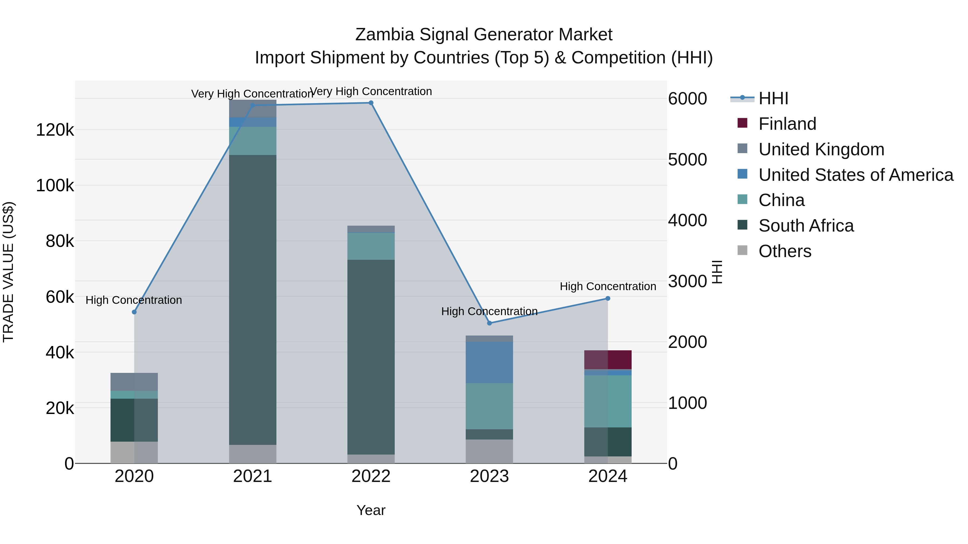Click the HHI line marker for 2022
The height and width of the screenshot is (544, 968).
point(371,103)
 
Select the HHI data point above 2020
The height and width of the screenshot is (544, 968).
point(134,312)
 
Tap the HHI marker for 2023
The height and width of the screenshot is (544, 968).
point(489,323)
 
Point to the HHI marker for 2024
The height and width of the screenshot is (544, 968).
point(608,298)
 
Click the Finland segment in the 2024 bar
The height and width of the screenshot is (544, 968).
point(608,360)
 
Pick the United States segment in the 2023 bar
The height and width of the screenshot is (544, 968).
point(489,362)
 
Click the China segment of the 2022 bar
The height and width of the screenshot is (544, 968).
point(371,246)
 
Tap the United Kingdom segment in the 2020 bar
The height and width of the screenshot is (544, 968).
point(134,382)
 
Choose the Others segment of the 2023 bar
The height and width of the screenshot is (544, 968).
point(489,451)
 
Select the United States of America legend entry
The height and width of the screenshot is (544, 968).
point(856,175)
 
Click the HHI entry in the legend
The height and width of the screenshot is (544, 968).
point(773,98)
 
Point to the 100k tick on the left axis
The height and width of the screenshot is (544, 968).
point(55,185)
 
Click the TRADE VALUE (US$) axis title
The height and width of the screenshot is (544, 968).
point(9,272)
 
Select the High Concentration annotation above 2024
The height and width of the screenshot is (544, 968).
point(608,286)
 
